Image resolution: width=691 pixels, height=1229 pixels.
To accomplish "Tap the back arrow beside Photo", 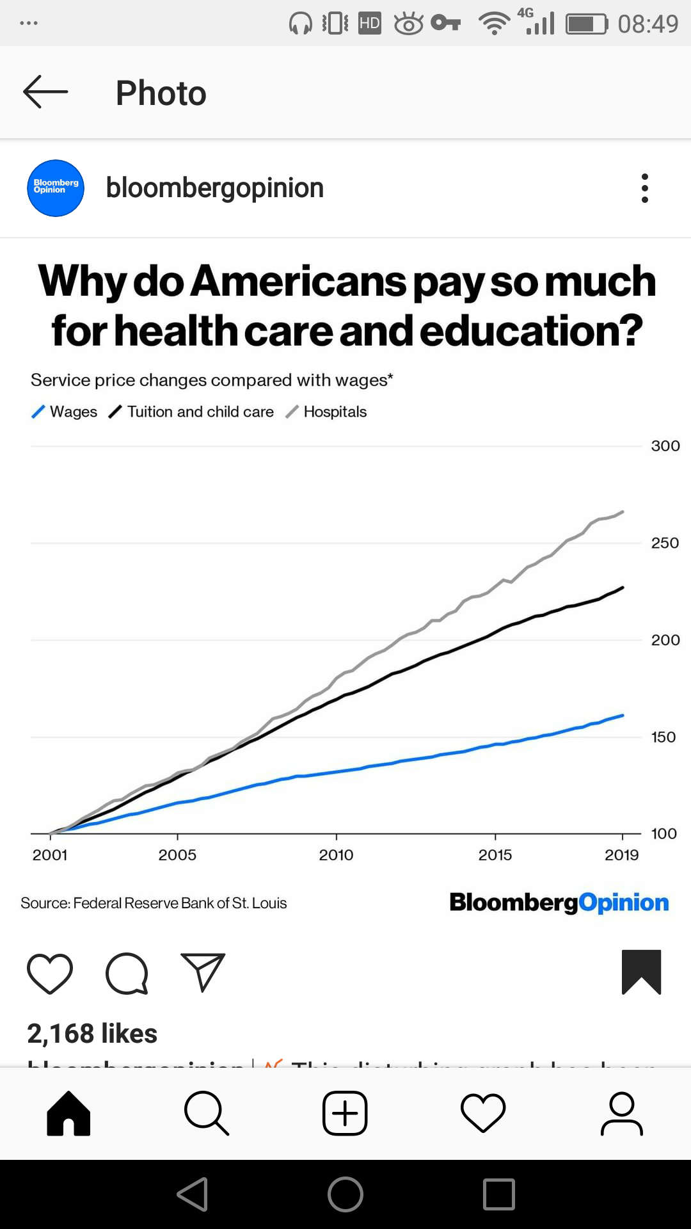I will [x=45, y=92].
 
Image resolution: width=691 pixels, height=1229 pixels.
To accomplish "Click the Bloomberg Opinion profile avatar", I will [x=56, y=188].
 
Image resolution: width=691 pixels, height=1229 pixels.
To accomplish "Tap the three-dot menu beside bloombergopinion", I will [x=644, y=188].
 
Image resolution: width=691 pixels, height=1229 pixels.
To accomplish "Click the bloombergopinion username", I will [x=215, y=188].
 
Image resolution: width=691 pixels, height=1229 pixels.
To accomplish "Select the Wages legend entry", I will [x=65, y=412].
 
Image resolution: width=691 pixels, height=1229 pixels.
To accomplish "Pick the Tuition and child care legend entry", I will [x=191, y=412].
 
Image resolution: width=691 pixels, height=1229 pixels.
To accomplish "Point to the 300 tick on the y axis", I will [x=665, y=446].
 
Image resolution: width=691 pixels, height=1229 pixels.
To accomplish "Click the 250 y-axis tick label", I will [x=665, y=543].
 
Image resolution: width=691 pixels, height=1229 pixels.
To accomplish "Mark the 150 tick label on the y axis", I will [x=663, y=737].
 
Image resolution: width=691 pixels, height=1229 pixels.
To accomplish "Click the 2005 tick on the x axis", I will [x=177, y=855].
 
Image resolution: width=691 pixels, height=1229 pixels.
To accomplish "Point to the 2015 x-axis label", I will [x=495, y=855].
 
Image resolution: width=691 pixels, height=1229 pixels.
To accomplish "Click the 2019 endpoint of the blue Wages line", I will [x=623, y=716].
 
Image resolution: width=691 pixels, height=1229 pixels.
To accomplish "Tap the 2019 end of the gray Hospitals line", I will [x=623, y=512].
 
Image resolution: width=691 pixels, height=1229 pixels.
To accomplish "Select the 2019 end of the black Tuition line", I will [x=623, y=588].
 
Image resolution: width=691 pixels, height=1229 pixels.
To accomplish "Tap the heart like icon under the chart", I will [x=50, y=974].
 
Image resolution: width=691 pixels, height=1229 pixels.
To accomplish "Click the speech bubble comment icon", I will [x=127, y=974].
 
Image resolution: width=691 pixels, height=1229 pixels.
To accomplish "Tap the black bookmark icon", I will [x=641, y=972].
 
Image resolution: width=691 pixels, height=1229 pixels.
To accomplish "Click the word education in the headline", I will [x=531, y=331].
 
